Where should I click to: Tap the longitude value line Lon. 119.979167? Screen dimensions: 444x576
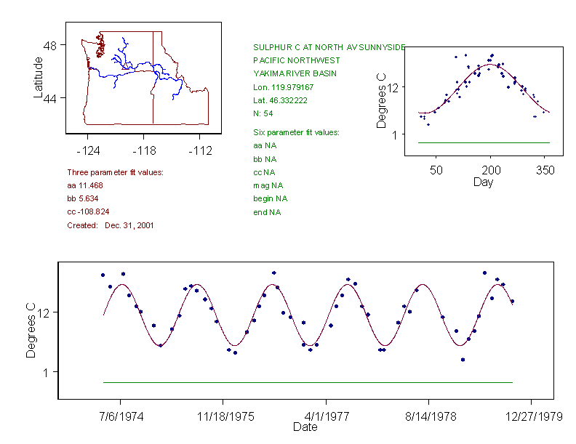click(284, 87)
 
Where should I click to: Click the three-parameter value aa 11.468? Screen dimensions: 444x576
click(86, 185)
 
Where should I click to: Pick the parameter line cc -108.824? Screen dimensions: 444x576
click(87, 211)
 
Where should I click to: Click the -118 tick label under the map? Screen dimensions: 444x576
click(143, 150)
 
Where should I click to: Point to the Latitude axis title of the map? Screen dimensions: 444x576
click(39, 77)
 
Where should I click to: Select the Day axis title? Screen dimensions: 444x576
click(483, 182)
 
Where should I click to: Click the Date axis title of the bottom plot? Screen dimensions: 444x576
click(305, 427)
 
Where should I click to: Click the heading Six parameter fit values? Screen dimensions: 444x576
click(296, 132)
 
